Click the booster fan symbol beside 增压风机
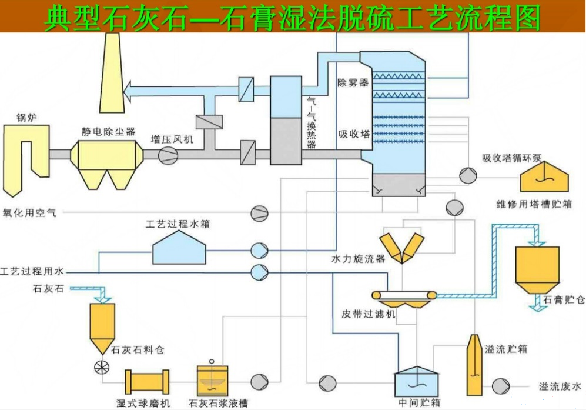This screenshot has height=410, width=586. [x=169, y=155]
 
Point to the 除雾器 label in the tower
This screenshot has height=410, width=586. [x=353, y=83]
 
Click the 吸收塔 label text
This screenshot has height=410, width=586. [x=353, y=134]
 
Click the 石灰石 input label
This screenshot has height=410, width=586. [x=49, y=289]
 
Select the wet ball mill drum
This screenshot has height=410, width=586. [x=146, y=382]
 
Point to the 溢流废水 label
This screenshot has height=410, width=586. [x=560, y=386]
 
